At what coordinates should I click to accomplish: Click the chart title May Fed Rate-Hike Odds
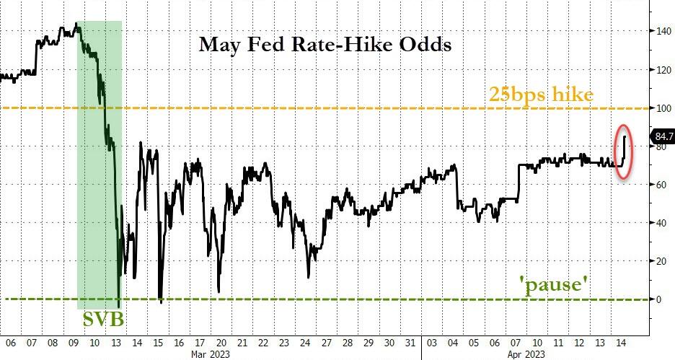[x=325, y=45]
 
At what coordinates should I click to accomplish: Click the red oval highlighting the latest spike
[x=625, y=153]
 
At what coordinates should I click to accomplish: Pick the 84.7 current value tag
[x=661, y=135]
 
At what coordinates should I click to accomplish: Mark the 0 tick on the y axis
[x=657, y=299]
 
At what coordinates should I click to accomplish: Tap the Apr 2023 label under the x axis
[x=547, y=354]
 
